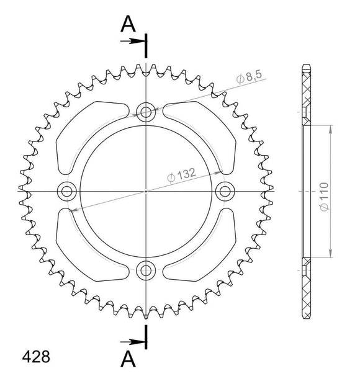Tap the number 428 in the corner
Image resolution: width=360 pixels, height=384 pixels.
36,358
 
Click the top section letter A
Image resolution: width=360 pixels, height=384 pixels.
128,24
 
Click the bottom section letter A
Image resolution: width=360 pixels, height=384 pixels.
128,358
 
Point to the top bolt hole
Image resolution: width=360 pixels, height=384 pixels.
146,112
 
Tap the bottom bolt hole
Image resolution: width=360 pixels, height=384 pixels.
146,270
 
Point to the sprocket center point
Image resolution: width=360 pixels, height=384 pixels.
146,190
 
